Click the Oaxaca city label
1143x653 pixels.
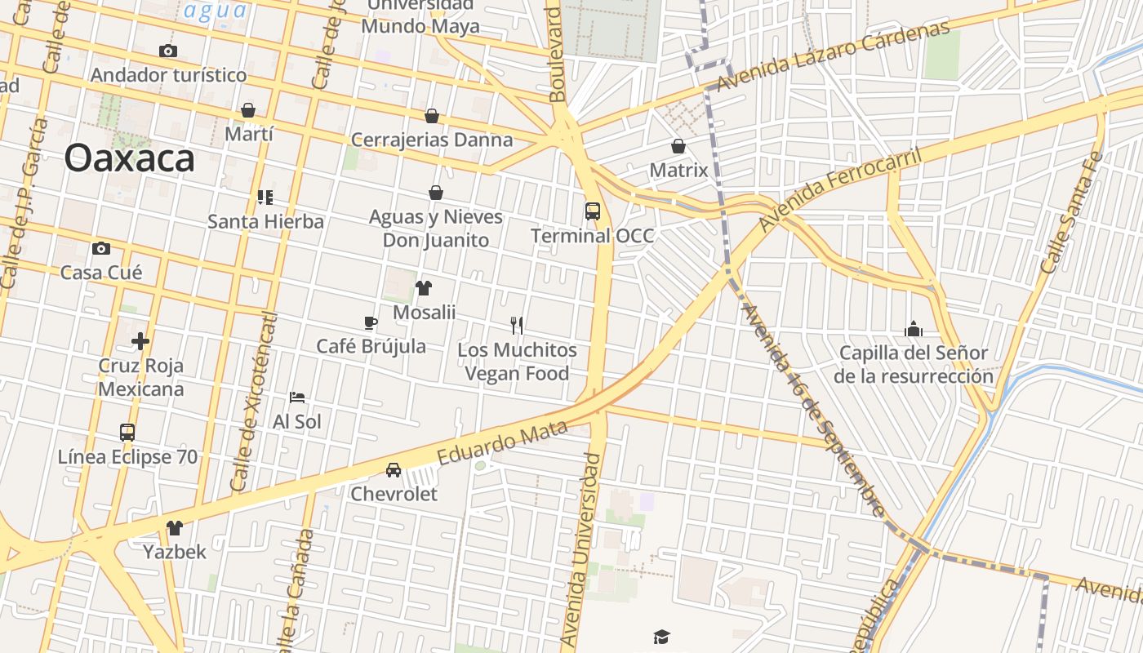tap(129, 158)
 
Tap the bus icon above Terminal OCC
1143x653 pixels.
tap(593, 211)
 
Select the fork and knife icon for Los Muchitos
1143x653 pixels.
tap(517, 326)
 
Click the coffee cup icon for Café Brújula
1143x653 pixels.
tap(371, 322)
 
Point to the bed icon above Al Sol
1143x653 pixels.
tap(297, 398)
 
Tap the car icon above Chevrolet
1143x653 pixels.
tap(394, 470)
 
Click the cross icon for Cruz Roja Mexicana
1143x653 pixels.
tap(140, 340)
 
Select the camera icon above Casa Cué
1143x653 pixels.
tap(101, 248)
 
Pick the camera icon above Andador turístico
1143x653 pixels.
tap(168, 51)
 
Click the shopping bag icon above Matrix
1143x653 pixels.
tap(678, 146)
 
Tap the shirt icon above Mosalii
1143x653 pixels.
tap(424, 287)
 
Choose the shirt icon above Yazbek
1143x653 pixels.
tap(175, 528)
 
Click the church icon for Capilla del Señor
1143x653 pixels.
tap(914, 329)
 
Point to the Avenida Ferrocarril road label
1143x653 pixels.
tap(841, 189)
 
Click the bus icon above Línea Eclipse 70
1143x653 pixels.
tap(127, 433)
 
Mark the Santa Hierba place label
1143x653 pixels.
tap(265, 221)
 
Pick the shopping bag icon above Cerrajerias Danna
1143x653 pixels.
tap(432, 117)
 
